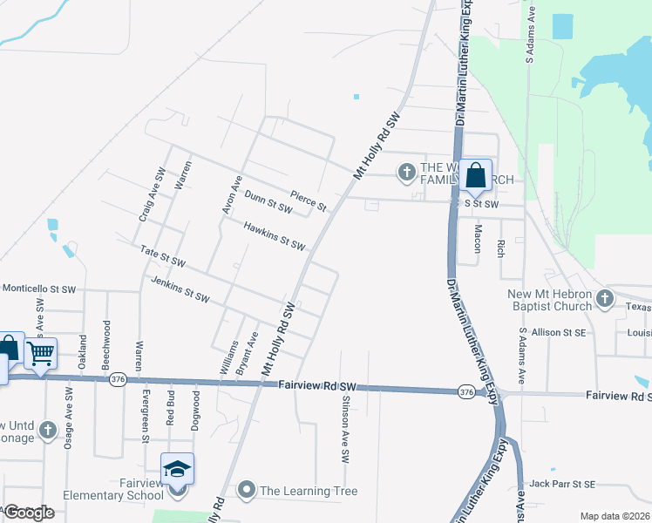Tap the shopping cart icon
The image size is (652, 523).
point(40,354)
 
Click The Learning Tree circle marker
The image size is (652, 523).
point(247,491)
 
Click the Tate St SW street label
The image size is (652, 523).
point(163,256)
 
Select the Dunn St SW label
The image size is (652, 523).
point(268,203)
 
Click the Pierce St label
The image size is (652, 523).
point(309,201)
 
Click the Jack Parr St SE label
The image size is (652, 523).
point(562,484)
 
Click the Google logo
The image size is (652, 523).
point(29,513)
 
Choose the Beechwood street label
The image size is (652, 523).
point(107,342)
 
